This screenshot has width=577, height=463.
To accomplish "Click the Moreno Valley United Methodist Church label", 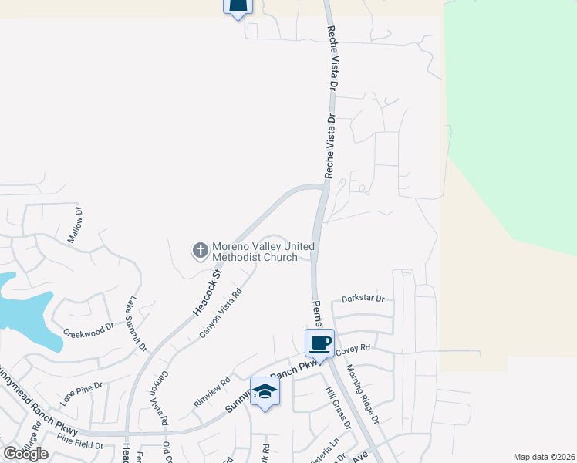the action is point(255,252).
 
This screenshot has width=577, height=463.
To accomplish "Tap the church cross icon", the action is point(199,250).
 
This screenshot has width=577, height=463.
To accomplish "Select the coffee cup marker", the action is point(319,343).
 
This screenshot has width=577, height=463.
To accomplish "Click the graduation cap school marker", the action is point(265,391).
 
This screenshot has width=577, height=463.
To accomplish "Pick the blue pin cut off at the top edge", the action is point(238,7).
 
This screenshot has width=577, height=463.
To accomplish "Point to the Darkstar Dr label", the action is point(363,299).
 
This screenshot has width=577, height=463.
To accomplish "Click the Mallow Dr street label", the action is point(74,224).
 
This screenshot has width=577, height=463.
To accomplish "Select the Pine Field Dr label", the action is point(79,445).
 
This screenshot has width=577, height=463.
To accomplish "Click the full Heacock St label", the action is point(207,292).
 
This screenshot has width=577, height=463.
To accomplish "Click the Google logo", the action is point(26,454).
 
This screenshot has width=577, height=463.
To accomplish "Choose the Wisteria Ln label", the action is point(334,452).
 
